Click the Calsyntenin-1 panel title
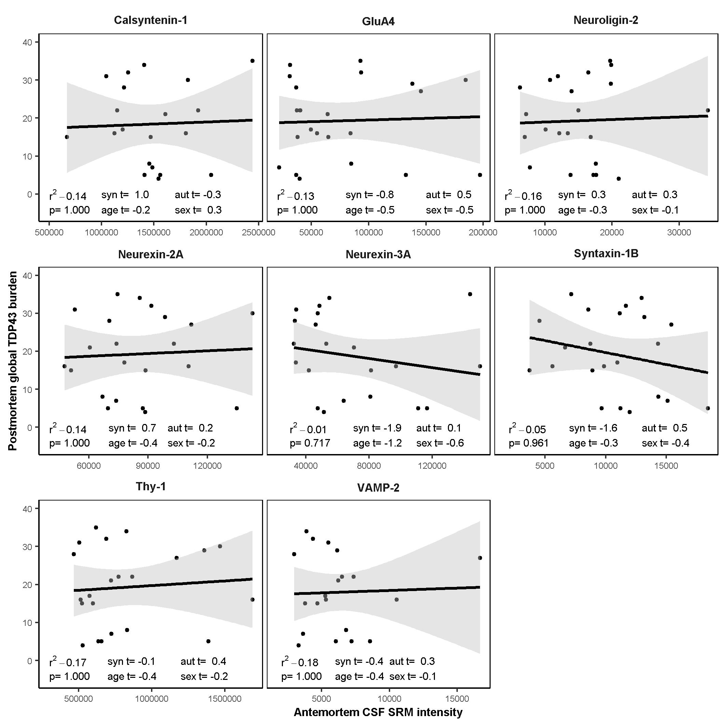click(x=150, y=20)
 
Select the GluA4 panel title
click(x=378, y=21)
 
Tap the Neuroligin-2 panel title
click(x=606, y=20)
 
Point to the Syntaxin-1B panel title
click(x=606, y=254)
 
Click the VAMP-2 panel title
click(x=378, y=488)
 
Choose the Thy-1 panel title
click(x=151, y=487)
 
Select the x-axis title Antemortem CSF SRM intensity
click(x=378, y=712)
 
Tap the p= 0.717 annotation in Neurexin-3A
click(x=310, y=443)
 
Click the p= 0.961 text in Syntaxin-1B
click(x=529, y=443)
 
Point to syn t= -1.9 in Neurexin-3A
click(x=377, y=428)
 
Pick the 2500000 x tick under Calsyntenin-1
click(x=258, y=233)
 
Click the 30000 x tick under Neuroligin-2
click(x=679, y=233)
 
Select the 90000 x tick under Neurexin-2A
click(x=148, y=466)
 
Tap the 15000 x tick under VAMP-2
click(x=457, y=699)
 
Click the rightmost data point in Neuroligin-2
click(x=708, y=110)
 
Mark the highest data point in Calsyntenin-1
click(x=252, y=61)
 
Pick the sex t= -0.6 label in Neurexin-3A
click(x=440, y=443)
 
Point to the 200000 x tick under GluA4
click(x=483, y=233)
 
